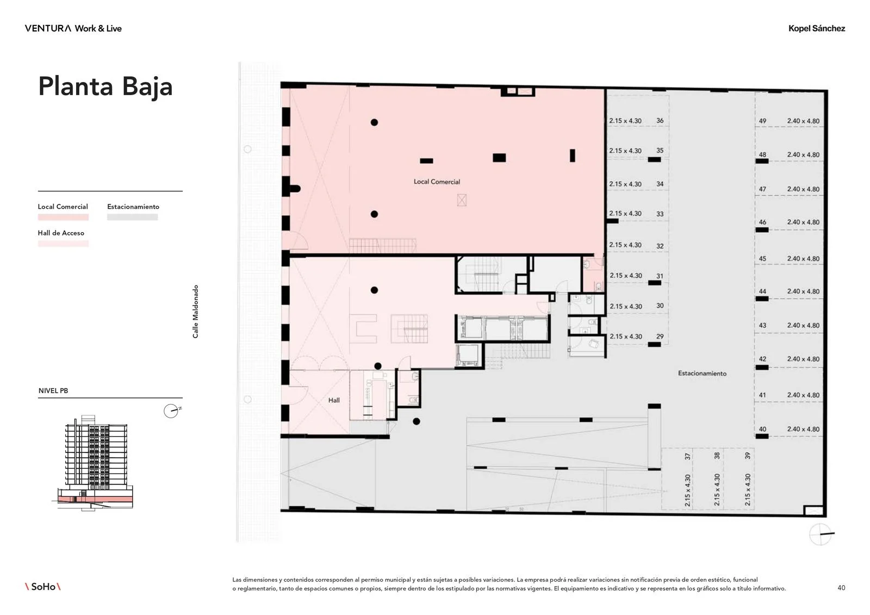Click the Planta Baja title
pyautogui.click(x=105, y=87)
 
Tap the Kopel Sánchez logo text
pyautogui.click(x=816, y=28)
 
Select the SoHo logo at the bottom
pyautogui.click(x=43, y=587)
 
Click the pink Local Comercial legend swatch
pyautogui.click(x=63, y=217)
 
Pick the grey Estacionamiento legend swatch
pyautogui.click(x=133, y=217)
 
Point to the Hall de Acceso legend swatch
pyautogui.click(x=63, y=244)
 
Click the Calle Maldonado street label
pyautogui.click(x=195, y=312)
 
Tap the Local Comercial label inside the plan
pyautogui.click(x=437, y=182)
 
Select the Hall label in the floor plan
pyautogui.click(x=334, y=400)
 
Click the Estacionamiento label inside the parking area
pyautogui.click(x=702, y=374)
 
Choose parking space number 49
pyautogui.click(x=762, y=121)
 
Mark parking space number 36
pyautogui.click(x=660, y=120)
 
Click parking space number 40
pyautogui.click(x=762, y=429)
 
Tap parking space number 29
pyautogui.click(x=660, y=337)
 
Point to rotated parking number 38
pyautogui.click(x=717, y=456)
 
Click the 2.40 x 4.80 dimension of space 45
pyautogui.click(x=803, y=259)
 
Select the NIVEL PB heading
pyautogui.click(x=53, y=391)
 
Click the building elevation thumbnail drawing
pyautogui.click(x=93, y=462)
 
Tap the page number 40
pyautogui.click(x=841, y=588)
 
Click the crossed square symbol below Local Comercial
pyautogui.click(x=462, y=200)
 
